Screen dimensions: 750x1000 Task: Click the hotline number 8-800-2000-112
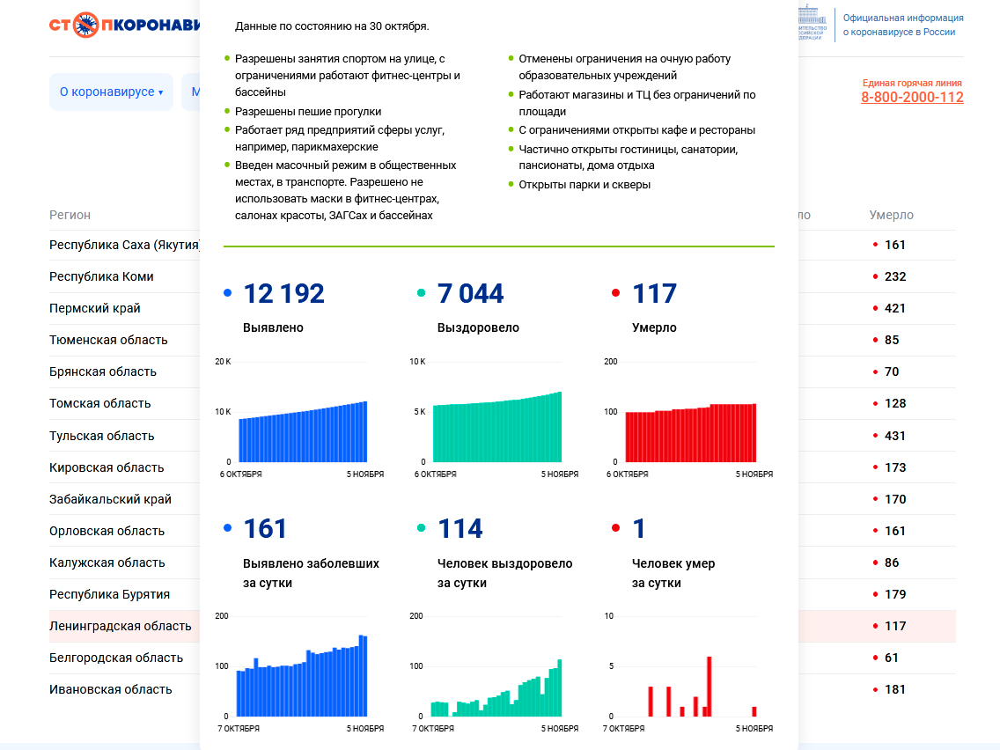pyautogui.click(x=912, y=98)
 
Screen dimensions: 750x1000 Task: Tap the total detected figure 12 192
pyautogui.click(x=283, y=294)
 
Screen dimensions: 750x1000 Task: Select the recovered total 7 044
pyautogui.click(x=470, y=294)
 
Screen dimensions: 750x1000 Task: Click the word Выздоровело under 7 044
pyautogui.click(x=478, y=327)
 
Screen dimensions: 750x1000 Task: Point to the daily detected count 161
pyautogui.click(x=265, y=529)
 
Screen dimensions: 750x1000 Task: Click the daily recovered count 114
pyautogui.click(x=460, y=529)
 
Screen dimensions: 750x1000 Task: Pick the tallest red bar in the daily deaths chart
pyautogui.click(x=709, y=687)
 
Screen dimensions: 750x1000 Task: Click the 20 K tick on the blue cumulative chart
pyautogui.click(x=223, y=362)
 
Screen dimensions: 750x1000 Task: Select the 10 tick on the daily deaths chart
pyautogui.click(x=608, y=616)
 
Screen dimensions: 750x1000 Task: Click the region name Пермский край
pyautogui.click(x=95, y=309)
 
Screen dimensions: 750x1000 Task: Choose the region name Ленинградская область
pyautogui.click(x=121, y=627)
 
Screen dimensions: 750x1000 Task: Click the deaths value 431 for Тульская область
pyautogui.click(x=895, y=436)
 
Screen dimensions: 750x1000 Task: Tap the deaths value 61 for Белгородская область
pyautogui.click(x=892, y=658)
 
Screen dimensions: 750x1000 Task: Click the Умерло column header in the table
pyautogui.click(x=891, y=215)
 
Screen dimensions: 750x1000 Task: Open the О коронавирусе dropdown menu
pyautogui.click(x=111, y=92)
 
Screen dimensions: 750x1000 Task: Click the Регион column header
pyautogui.click(x=70, y=215)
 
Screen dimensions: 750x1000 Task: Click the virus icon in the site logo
pyautogui.click(x=86, y=25)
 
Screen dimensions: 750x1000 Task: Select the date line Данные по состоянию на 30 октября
pyautogui.click(x=332, y=26)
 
